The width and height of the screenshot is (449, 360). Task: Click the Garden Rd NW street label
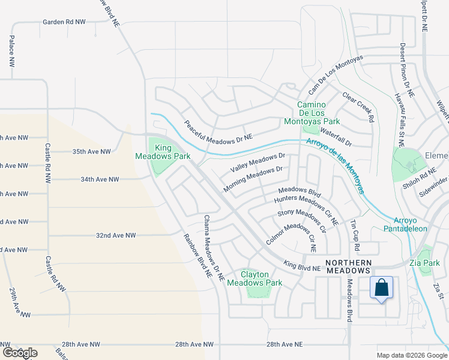click(x=64, y=22)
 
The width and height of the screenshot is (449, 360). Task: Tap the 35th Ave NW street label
click(x=92, y=152)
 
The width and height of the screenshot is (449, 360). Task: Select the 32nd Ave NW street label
click(x=116, y=235)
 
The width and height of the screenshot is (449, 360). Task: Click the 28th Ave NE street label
click(x=286, y=344)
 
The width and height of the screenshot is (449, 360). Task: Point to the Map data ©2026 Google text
click(x=411, y=355)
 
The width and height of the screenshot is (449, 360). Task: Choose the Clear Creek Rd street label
click(x=358, y=107)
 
